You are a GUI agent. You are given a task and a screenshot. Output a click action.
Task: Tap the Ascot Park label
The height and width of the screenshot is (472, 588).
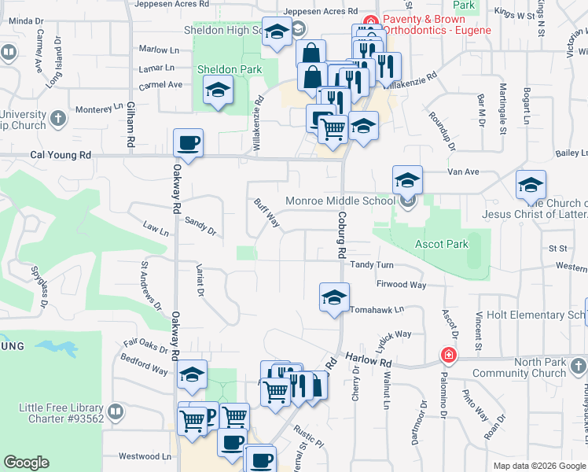(x=442, y=244)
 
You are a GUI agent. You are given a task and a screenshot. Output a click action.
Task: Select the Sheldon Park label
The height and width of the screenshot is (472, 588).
(x=229, y=69)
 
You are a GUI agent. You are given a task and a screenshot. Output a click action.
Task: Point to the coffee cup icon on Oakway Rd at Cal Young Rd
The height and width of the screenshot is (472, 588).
(x=189, y=143)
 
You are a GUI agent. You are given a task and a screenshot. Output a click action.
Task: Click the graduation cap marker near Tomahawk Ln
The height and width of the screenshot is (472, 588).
(x=334, y=298)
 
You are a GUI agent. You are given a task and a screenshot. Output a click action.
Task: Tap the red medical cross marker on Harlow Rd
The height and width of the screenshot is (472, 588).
(x=449, y=356)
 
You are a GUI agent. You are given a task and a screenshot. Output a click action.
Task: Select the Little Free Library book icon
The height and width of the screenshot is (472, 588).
(x=116, y=411)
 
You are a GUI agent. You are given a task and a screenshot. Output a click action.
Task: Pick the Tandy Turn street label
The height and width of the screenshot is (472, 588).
(x=372, y=265)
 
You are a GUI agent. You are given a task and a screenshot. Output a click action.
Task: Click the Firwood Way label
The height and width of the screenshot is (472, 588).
(x=401, y=284)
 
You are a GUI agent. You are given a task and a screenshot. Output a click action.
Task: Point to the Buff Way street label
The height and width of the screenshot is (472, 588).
(x=267, y=212)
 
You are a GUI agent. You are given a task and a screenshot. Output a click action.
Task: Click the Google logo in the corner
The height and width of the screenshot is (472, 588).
(x=26, y=463)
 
